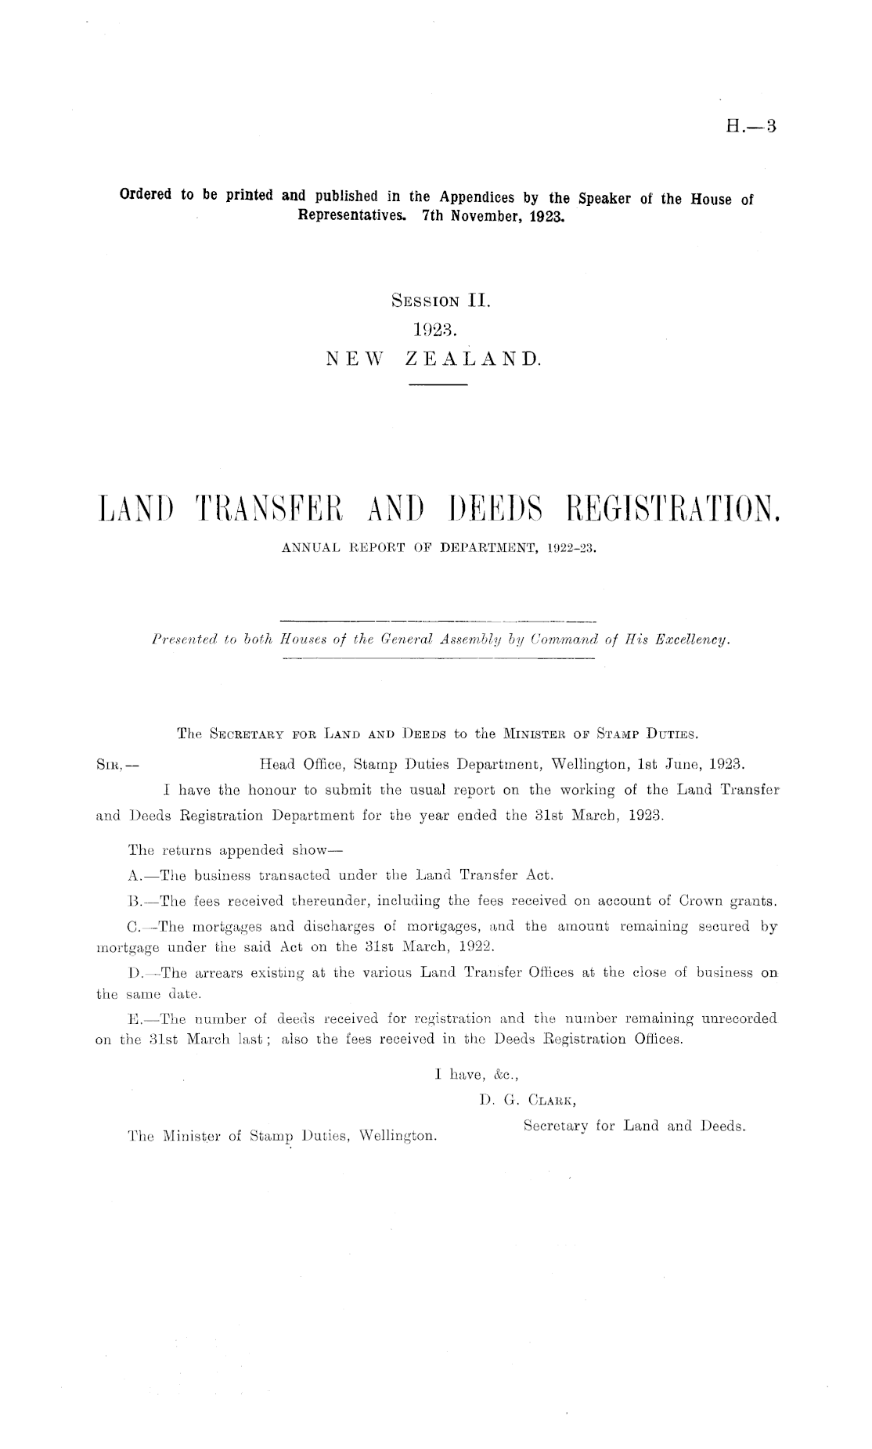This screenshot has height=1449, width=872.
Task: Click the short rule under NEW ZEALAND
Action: coord(438,386)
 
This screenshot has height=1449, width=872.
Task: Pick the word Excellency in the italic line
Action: coord(694,640)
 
